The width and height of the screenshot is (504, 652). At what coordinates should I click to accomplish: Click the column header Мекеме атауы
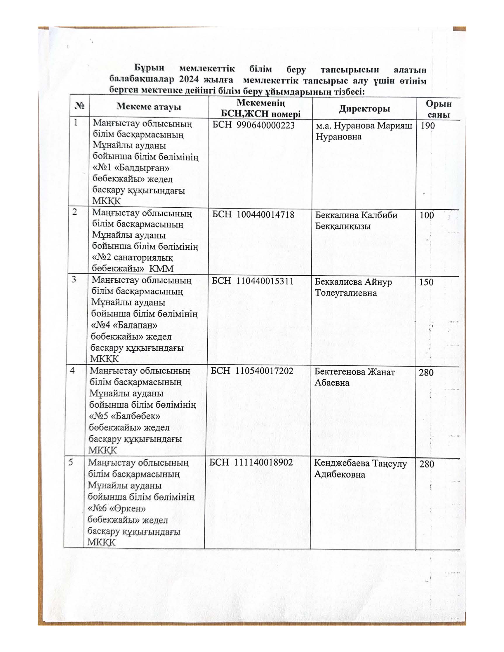(149, 107)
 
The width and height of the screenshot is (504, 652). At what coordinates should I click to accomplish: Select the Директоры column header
(364, 109)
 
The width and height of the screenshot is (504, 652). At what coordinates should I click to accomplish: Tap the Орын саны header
(438, 109)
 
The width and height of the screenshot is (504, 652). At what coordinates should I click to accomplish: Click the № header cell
(79, 106)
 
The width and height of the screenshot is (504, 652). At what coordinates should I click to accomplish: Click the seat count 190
(427, 126)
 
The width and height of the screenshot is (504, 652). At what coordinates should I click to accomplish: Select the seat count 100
(427, 215)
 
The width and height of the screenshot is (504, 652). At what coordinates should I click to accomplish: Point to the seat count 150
(426, 282)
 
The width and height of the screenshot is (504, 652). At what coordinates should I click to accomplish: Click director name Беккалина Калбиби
(356, 215)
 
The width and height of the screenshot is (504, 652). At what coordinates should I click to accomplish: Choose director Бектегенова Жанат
(354, 372)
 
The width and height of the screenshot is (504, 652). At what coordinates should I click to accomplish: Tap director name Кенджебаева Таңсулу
(360, 463)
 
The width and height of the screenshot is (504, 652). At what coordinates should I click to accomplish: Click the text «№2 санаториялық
(132, 257)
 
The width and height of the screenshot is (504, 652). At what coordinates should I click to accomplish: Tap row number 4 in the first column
(72, 371)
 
